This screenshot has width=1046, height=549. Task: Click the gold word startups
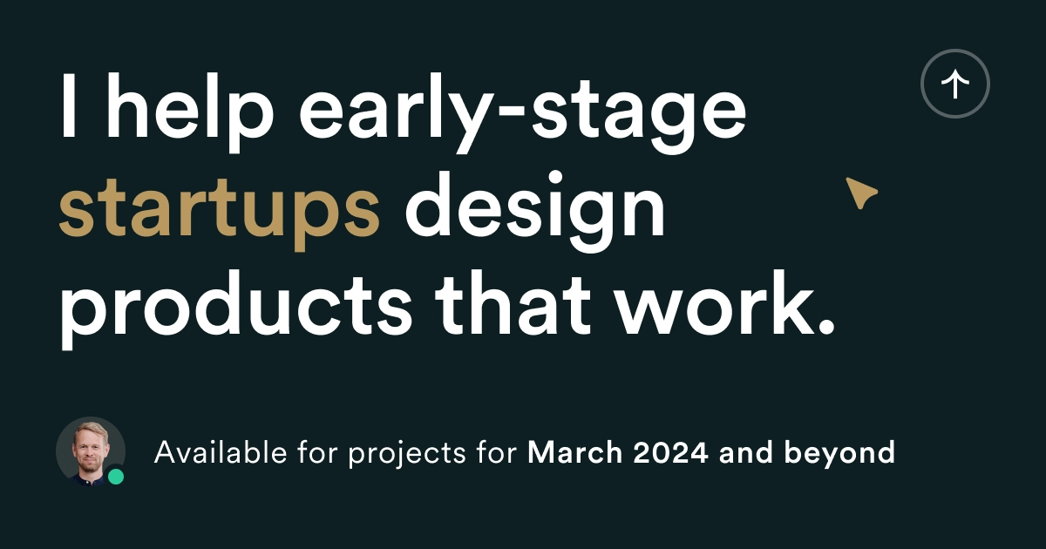[x=220, y=213]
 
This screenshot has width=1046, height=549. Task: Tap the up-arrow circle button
[x=955, y=84]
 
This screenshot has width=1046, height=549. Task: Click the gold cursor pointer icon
[x=861, y=193]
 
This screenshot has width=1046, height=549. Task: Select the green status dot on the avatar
[x=116, y=477]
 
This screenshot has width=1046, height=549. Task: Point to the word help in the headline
[x=190, y=106]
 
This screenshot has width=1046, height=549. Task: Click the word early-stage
[x=522, y=113]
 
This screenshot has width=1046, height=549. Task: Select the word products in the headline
[x=236, y=309]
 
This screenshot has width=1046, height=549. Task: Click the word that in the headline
[x=513, y=303]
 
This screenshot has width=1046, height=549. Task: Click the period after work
[x=825, y=328]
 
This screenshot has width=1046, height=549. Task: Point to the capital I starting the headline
[x=68, y=105]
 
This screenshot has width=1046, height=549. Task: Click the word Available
[x=221, y=452]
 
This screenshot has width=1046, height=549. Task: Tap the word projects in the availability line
[x=407, y=454]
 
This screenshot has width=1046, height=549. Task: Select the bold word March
[x=574, y=452]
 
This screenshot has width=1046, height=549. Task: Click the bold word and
[x=746, y=452]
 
